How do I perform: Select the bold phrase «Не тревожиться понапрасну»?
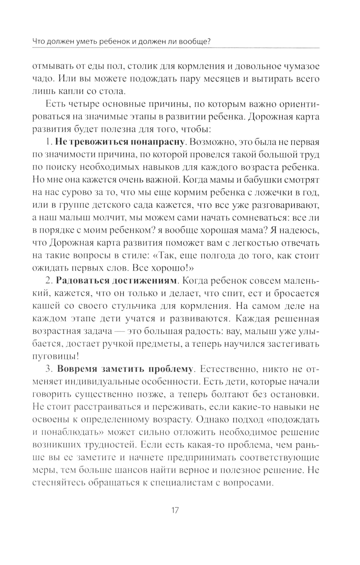click(x=119, y=142)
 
